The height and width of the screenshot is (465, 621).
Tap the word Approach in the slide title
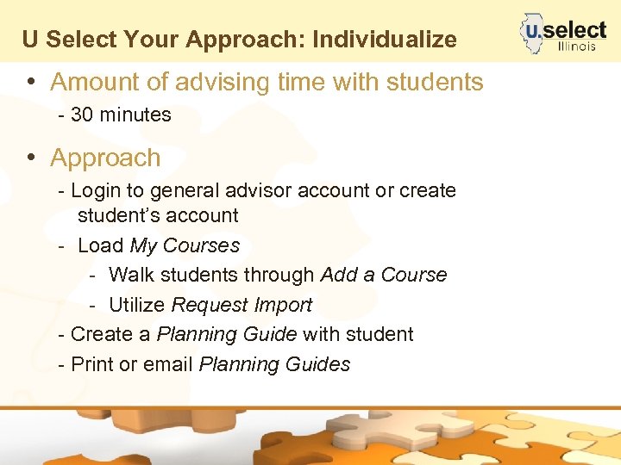tap(258, 40)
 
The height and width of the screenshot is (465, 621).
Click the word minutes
tap(135, 115)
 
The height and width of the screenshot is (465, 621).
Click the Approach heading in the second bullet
tap(105, 158)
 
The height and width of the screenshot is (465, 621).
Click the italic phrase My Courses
tap(185, 245)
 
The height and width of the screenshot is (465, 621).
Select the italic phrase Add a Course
tap(384, 276)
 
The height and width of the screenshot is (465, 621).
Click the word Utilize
tap(138, 305)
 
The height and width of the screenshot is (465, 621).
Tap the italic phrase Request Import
tap(241, 305)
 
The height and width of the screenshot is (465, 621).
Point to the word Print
tap(92, 364)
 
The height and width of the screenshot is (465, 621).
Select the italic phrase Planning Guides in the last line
tap(274, 364)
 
